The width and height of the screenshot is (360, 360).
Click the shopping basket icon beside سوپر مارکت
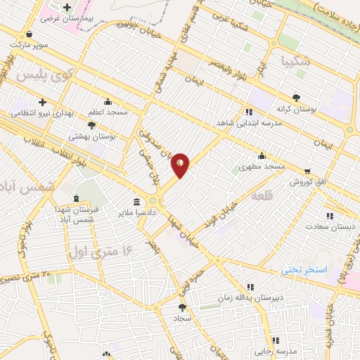pyautogui.click(x=28, y=34)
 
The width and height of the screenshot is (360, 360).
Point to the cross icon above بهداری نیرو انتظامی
pyautogui.click(x=43, y=102)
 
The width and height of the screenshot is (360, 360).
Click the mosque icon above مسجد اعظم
pyautogui.click(x=108, y=102)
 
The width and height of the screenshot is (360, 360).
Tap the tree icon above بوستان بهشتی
pyautogui.click(x=91, y=124)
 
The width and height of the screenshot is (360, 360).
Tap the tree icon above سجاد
pyautogui.click(x=183, y=307)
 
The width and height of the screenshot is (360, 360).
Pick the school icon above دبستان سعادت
pyautogui.click(x=329, y=217)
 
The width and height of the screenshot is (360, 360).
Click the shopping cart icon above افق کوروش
pyautogui.click(x=307, y=171)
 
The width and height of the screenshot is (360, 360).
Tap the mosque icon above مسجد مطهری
pyautogui.click(x=262, y=155)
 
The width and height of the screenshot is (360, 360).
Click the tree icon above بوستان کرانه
pyautogui.click(x=297, y=98)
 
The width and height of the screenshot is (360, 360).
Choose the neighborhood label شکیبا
pyautogui.click(x=294, y=61)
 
